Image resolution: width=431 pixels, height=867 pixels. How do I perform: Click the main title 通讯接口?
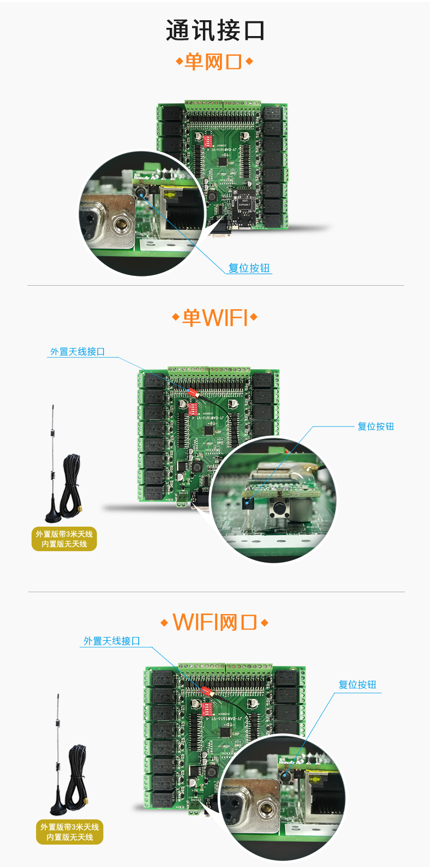point(215,31)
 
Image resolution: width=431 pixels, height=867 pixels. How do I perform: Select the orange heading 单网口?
point(213,62)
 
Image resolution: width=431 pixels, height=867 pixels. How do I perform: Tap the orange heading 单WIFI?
point(215,317)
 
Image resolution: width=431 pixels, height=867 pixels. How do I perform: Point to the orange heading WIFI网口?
point(214,622)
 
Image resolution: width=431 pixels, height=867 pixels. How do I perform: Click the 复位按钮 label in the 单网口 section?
point(249,268)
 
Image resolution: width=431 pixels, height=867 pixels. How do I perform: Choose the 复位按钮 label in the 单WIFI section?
point(375,427)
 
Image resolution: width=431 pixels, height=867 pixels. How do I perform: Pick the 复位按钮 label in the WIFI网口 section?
point(357,685)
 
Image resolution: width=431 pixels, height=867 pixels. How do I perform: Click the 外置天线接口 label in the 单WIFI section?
point(77,352)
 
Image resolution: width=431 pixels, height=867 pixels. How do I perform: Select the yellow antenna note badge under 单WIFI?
point(64,539)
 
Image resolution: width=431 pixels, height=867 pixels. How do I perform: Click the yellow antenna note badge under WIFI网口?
point(69,832)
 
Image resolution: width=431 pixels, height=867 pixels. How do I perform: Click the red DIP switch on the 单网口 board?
point(207,140)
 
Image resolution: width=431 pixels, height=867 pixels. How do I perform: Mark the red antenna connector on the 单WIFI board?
point(192,392)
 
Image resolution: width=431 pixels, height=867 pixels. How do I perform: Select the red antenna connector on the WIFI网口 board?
point(206,691)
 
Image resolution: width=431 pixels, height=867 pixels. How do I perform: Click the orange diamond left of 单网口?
point(179,62)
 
